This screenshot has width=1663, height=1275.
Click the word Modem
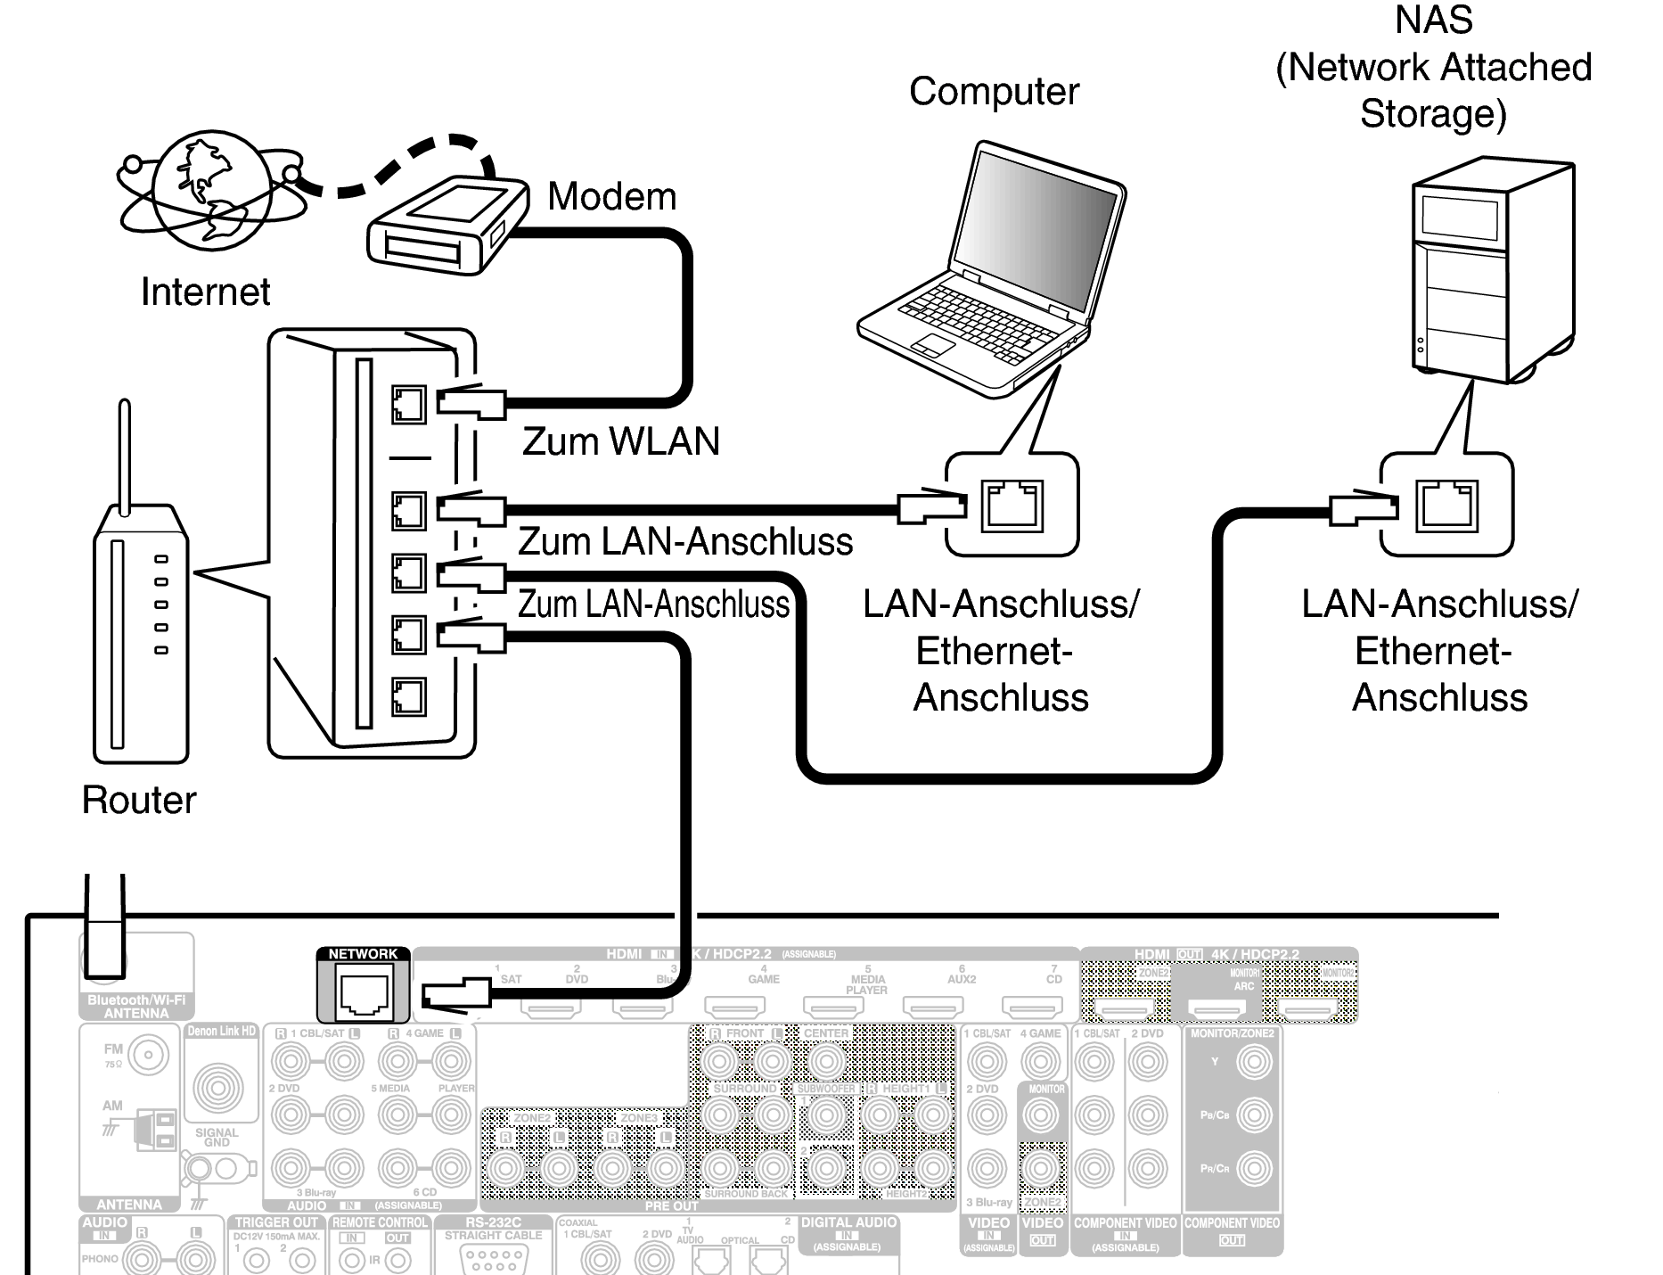tap(611, 196)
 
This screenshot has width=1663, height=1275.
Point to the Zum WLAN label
tap(620, 441)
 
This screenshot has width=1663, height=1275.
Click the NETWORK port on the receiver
tap(363, 992)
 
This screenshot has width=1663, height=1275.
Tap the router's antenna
tap(125, 455)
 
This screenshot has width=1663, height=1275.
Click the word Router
tap(138, 800)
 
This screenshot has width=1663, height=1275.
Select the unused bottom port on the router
tap(408, 696)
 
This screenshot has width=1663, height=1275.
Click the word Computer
tap(994, 91)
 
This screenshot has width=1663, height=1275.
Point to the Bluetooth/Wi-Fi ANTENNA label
tap(136, 1007)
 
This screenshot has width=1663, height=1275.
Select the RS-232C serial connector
tap(493, 1257)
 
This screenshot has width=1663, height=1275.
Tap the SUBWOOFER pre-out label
tap(825, 1089)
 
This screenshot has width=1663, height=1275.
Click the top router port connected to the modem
tap(408, 404)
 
